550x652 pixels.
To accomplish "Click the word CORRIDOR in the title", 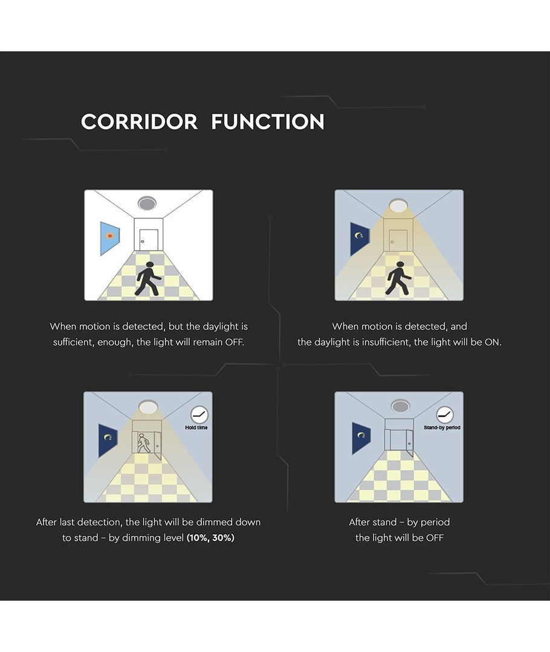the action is [139, 122].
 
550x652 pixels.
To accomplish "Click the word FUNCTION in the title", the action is [268, 122].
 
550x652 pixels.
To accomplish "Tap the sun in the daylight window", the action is [110, 236].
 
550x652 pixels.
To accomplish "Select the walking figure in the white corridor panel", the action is [148, 279].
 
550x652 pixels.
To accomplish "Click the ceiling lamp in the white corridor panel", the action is [147, 203].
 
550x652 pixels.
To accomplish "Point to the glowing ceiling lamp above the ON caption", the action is [398, 205].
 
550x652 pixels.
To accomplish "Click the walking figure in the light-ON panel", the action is [398, 278].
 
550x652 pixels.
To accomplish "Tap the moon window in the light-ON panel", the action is [360, 238].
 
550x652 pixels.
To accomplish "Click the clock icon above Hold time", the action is [199, 415].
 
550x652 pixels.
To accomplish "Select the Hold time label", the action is [196, 427].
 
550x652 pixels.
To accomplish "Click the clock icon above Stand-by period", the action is [445, 415].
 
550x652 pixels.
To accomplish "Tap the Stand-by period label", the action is [442, 427].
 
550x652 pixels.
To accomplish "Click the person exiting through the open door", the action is [143, 443].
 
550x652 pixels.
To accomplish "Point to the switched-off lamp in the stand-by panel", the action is [400, 406].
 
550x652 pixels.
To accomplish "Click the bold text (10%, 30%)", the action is [210, 538].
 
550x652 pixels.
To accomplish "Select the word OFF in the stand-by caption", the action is [435, 538].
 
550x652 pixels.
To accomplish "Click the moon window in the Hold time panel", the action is [108, 440].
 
